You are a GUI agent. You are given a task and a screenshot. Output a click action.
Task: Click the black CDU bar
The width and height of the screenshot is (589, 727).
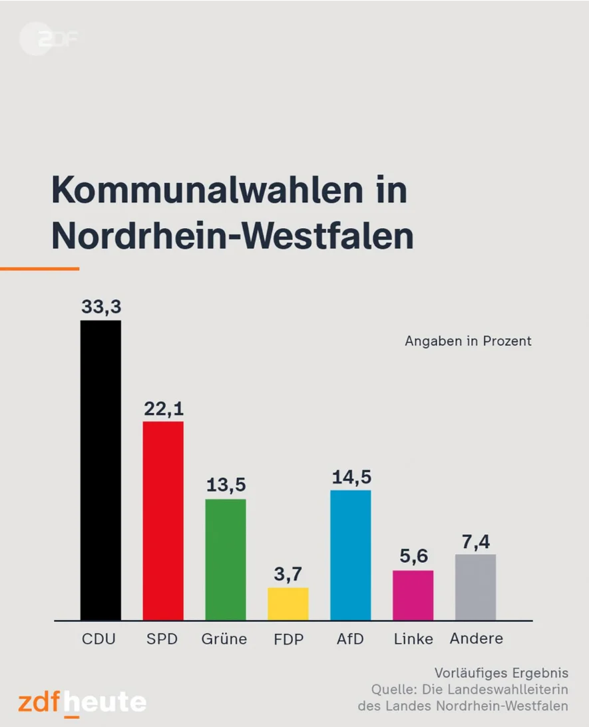click(100, 470)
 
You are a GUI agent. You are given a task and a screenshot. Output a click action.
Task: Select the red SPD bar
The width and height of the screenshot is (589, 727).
click(163, 521)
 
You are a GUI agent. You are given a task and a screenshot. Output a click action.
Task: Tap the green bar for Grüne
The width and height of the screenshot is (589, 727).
click(226, 559)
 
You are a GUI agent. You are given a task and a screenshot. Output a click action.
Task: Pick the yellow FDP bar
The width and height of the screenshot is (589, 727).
click(288, 604)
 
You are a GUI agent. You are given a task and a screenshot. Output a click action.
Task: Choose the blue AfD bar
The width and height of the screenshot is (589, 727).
click(351, 555)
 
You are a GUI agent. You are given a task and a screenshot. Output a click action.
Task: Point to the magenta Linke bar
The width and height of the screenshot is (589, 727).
click(413, 595)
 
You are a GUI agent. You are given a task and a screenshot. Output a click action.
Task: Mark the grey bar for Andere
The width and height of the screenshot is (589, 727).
click(475, 587)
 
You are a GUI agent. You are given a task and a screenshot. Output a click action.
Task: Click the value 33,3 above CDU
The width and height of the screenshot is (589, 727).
click(100, 307)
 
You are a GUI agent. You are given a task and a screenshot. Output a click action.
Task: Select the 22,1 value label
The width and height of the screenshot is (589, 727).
click(163, 408)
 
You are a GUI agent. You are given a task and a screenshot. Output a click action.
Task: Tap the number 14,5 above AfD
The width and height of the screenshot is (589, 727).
click(351, 477)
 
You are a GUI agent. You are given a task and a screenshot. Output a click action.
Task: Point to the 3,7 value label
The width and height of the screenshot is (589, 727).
click(288, 574)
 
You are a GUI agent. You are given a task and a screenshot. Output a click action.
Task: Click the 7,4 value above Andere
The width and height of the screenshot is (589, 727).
click(475, 541)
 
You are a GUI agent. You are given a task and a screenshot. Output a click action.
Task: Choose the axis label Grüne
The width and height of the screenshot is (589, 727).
click(224, 639)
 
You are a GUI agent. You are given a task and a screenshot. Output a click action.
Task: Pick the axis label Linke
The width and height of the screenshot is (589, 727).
click(413, 639)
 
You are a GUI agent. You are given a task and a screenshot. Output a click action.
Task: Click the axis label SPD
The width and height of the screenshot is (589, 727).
click(163, 639)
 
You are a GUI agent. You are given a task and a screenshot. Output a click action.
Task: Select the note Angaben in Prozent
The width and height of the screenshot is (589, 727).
click(468, 341)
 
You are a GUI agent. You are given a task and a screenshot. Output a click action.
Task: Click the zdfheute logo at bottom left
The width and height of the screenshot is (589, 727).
click(82, 702)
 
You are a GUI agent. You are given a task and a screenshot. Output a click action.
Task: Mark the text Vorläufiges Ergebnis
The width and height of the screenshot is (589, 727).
click(501, 673)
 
